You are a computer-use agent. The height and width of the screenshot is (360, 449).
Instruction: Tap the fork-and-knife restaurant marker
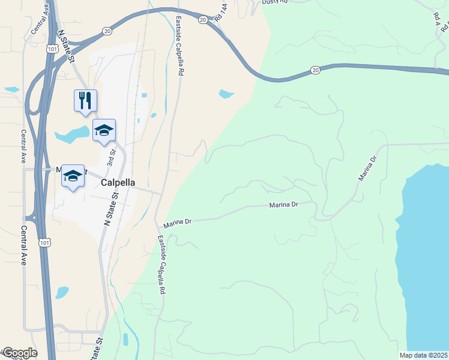[85, 100]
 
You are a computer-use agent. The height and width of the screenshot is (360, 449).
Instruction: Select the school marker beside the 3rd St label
[104, 130]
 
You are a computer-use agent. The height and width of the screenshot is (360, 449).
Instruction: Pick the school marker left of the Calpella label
[73, 175]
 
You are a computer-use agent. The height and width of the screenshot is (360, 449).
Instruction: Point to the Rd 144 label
[221, 13]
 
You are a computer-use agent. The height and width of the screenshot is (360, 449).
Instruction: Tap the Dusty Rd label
[276, 2]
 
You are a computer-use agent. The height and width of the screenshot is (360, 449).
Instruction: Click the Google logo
[19, 353]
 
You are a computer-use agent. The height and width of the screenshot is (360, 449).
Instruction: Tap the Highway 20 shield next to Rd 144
[203, 20]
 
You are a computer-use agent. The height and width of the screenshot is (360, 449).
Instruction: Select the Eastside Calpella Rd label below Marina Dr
[161, 264]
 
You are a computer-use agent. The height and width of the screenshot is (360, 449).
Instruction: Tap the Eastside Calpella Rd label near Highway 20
[179, 45]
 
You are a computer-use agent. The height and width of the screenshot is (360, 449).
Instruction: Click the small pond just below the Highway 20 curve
[226, 94]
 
